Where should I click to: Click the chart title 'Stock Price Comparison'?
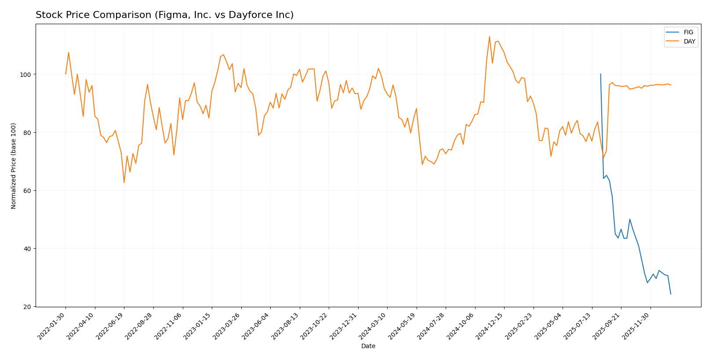[x=164, y=15]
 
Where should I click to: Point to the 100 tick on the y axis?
[x=27, y=74]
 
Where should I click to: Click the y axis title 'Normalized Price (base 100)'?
[x=14, y=166]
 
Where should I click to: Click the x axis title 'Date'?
[x=368, y=346]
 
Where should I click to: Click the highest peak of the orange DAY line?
[x=489, y=36]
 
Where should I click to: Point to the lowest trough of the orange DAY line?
[x=124, y=182]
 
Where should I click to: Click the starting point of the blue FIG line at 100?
[x=600, y=74]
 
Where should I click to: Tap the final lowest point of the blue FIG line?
[x=671, y=294]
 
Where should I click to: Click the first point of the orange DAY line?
[x=66, y=74]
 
